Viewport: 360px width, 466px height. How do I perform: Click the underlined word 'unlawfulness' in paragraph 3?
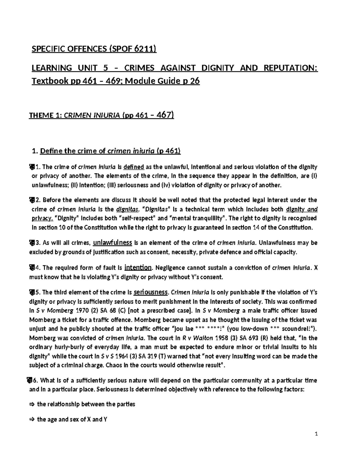pyautogui.click(x=113, y=242)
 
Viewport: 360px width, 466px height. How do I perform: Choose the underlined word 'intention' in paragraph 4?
pyautogui.click(x=138, y=267)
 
